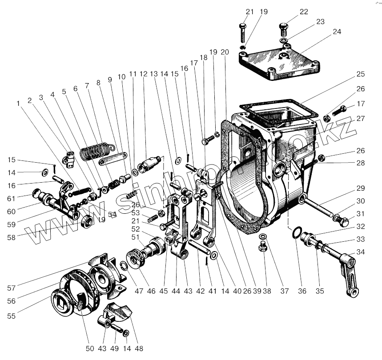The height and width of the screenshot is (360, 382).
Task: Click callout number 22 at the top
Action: [304, 12]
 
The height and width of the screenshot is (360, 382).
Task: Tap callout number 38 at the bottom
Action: [266, 292]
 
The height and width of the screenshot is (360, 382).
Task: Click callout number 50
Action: [90, 349]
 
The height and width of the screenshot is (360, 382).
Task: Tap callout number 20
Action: [225, 52]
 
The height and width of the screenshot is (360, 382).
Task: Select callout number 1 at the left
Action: [19, 104]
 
